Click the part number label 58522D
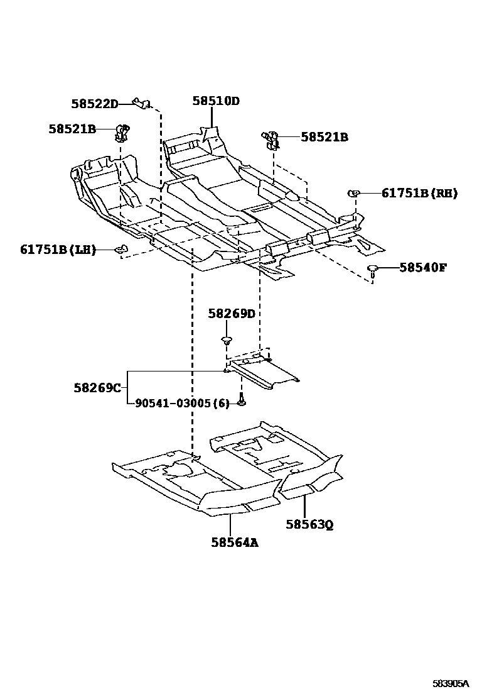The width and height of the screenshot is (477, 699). pyautogui.click(x=94, y=104)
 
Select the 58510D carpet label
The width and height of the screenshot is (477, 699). pyautogui.click(x=216, y=101)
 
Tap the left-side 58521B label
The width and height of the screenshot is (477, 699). pyautogui.click(x=72, y=129)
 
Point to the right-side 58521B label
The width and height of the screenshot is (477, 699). pyautogui.click(x=324, y=137)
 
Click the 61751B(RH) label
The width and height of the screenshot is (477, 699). pyautogui.click(x=419, y=194)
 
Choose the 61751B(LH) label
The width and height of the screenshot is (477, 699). pyautogui.click(x=58, y=250)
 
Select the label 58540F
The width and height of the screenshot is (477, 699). pyautogui.click(x=423, y=268)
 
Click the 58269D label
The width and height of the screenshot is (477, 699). pyautogui.click(x=232, y=314)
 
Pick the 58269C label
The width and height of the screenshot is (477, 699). pyautogui.click(x=97, y=388)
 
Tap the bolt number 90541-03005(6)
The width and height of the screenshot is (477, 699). pyautogui.click(x=183, y=404)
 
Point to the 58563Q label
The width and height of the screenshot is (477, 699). pyautogui.click(x=309, y=524)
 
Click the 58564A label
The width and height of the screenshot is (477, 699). pyautogui.click(x=235, y=541)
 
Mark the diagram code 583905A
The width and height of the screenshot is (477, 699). pyautogui.click(x=450, y=683)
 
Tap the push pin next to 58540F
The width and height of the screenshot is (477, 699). pyautogui.click(x=373, y=270)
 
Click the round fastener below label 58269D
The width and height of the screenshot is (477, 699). pyautogui.click(x=226, y=341)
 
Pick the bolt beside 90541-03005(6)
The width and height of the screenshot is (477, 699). pyautogui.click(x=242, y=400)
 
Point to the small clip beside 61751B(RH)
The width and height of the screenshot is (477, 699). pyautogui.click(x=354, y=194)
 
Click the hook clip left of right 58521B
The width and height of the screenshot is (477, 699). pyautogui.click(x=271, y=140)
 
